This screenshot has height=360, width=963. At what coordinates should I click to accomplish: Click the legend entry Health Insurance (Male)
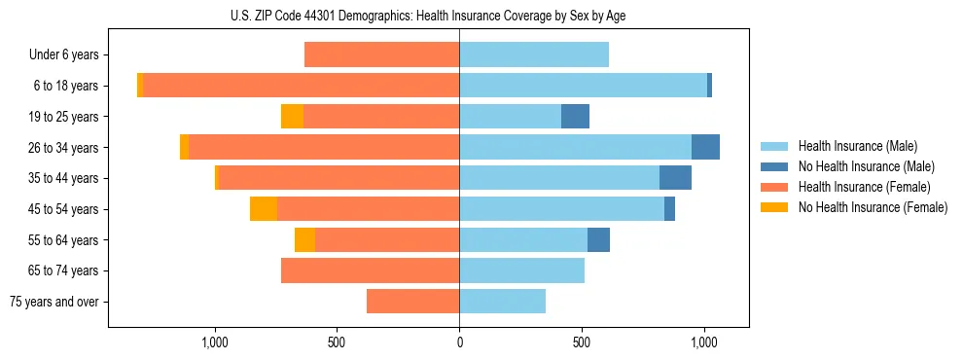[857, 146]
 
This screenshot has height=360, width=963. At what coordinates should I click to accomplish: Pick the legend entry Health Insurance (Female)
[864, 187]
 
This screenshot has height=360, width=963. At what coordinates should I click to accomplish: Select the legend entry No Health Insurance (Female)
[873, 207]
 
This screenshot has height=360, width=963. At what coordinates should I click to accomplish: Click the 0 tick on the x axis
[459, 342]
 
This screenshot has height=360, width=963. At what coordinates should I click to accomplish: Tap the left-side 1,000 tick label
[214, 342]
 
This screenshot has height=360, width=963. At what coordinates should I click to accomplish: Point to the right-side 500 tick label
[582, 342]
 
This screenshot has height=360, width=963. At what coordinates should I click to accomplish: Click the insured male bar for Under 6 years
[534, 54]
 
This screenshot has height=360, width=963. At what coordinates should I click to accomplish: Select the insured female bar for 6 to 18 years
[302, 86]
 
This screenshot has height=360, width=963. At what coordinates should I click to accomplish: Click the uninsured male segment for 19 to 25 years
[575, 117]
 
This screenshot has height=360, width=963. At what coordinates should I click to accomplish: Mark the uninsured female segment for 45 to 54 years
[264, 209]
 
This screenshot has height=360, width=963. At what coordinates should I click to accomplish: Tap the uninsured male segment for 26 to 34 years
[705, 147]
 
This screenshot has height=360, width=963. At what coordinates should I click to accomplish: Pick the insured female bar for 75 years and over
[412, 302]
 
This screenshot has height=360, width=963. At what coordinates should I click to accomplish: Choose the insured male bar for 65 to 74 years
[521, 270]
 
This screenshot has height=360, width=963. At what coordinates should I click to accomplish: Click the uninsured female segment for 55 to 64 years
[304, 239]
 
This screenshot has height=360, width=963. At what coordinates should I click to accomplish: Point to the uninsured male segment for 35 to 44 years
[675, 178]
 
